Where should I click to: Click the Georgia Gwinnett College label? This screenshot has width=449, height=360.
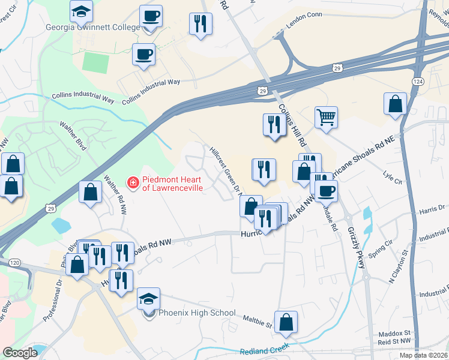(x=93, y=28)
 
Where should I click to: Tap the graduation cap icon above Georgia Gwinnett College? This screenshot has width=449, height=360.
(x=80, y=11)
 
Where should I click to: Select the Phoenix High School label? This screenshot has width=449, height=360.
(x=196, y=313)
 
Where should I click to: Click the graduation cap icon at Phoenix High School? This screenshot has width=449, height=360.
(x=148, y=298)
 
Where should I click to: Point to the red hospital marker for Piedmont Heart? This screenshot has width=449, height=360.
(x=132, y=182)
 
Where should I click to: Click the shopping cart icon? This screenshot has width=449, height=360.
(x=326, y=117)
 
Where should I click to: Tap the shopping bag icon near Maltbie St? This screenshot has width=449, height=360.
(x=286, y=321)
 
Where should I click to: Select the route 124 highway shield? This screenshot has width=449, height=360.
(x=415, y=81)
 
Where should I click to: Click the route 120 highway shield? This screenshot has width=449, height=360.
(x=15, y=263)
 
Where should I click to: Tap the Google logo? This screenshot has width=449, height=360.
(x=20, y=353)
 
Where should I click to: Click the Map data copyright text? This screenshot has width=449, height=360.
(x=424, y=355)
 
